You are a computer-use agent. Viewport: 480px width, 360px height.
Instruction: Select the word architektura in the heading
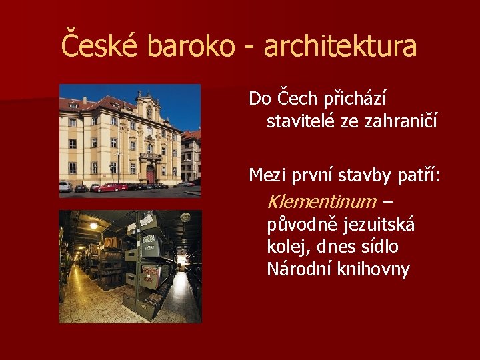tap(340, 46)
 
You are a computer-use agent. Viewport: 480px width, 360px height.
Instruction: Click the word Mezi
tap(266, 175)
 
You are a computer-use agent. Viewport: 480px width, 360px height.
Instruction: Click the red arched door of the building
tap(150, 175)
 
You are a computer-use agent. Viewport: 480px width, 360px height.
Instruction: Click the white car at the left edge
tap(65, 187)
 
